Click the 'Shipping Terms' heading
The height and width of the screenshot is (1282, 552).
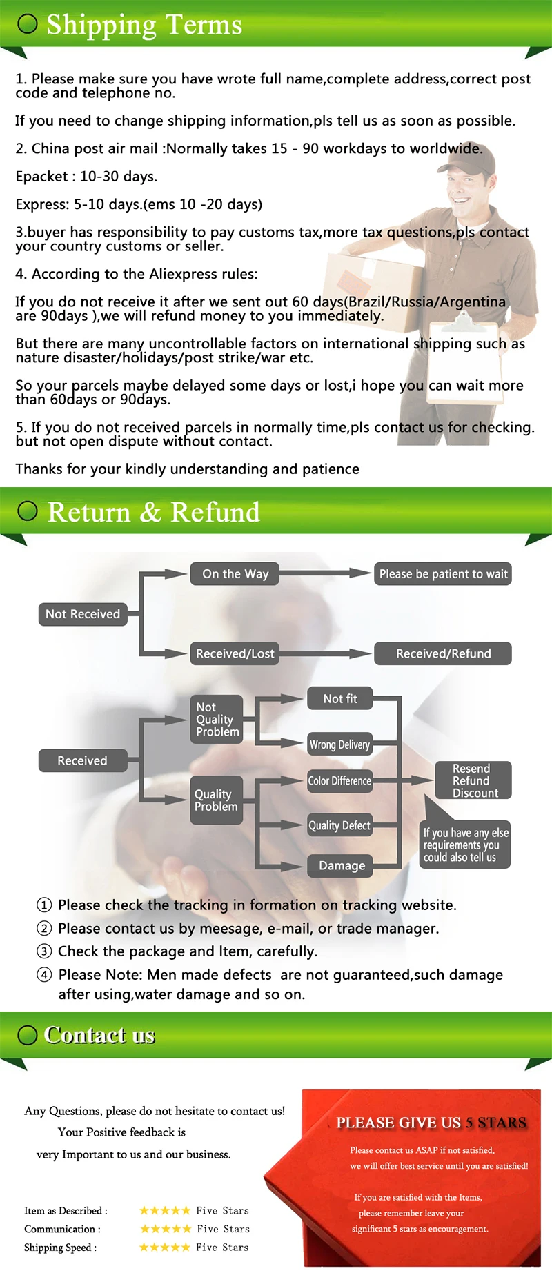[144, 25]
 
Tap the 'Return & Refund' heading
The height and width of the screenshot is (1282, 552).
[153, 512]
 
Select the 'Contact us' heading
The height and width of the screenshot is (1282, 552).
[99, 1035]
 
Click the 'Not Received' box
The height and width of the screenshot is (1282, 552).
[83, 614]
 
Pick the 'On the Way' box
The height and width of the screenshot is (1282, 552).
[235, 574]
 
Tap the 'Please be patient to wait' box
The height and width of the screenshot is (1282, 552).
[443, 574]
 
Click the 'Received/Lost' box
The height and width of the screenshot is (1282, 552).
[235, 653]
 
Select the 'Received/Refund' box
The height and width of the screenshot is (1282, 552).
[443, 653]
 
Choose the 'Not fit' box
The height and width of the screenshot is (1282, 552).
[340, 699]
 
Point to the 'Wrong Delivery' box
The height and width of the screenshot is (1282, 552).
[339, 744]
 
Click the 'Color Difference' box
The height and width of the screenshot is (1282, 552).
[339, 781]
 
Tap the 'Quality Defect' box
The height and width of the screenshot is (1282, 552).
[339, 825]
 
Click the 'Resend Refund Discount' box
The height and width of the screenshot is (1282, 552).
[473, 780]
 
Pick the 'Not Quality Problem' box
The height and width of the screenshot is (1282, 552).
[217, 719]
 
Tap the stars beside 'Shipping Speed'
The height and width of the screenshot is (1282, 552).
[164, 1248]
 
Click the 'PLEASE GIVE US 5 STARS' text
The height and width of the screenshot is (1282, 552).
[431, 1123]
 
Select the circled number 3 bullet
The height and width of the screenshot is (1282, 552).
[44, 951]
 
